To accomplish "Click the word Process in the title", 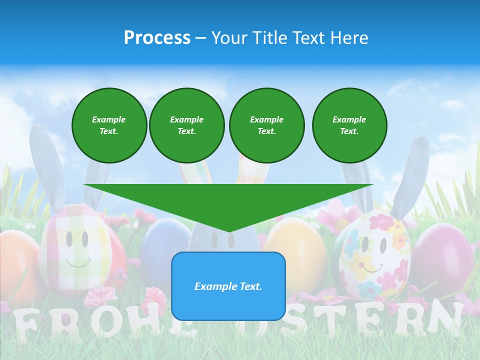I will click(x=157, y=38).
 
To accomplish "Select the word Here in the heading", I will click(x=349, y=38).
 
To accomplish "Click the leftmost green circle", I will click(x=109, y=125).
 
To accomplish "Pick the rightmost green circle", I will click(x=349, y=125).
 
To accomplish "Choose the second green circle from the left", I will click(x=186, y=125).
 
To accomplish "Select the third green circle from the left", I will click(x=266, y=125).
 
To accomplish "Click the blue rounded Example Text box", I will click(x=228, y=286).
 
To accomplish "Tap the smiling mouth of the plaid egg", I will click(x=78, y=262).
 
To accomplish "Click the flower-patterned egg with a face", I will click(x=375, y=255).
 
